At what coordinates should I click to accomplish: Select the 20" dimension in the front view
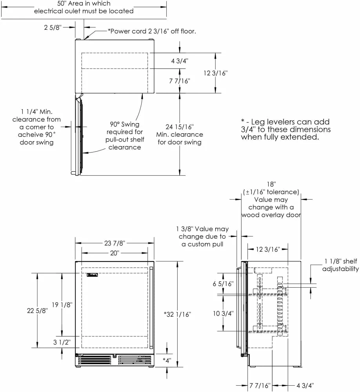tap(115, 253)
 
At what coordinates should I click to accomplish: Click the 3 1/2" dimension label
tap(62, 342)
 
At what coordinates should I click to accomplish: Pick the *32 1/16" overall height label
tap(178, 314)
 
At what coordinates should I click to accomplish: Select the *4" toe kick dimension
tap(167, 359)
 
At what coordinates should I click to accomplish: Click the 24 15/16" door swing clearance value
tap(180, 127)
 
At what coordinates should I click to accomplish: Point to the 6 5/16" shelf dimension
tap(222, 283)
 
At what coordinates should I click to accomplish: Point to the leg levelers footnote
tap(285, 129)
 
